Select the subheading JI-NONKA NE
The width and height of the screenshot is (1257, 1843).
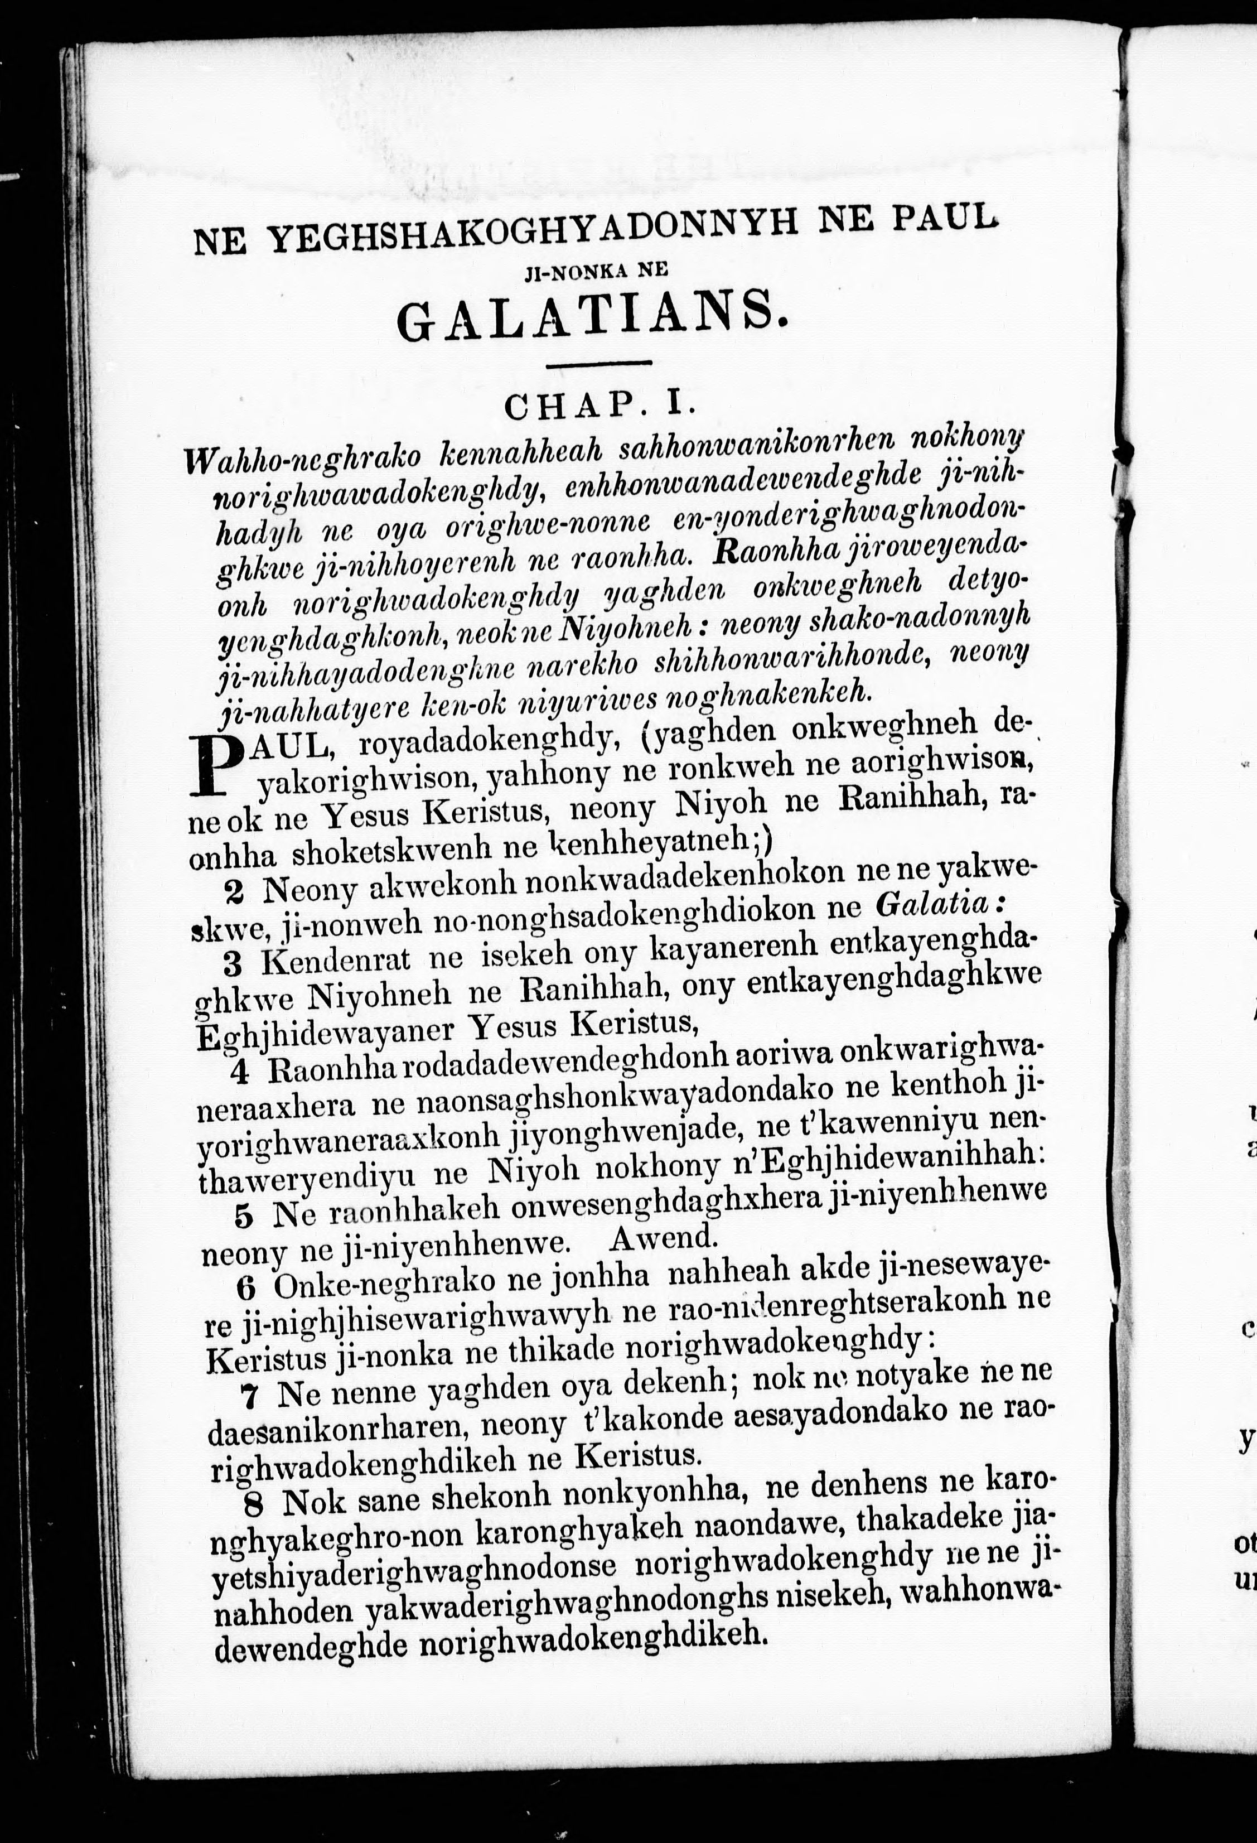point(596,271)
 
